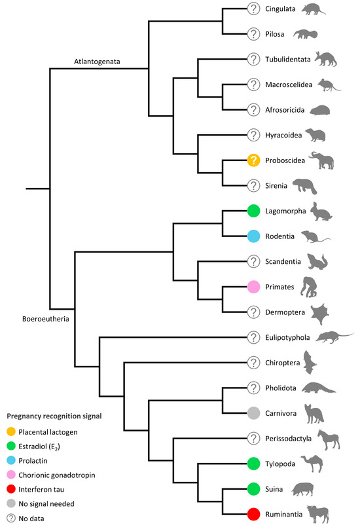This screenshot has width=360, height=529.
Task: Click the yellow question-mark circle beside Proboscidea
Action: pyautogui.click(x=254, y=160)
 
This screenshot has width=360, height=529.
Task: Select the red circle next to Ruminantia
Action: pyautogui.click(x=254, y=513)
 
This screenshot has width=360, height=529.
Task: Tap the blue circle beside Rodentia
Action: pyautogui.click(x=254, y=236)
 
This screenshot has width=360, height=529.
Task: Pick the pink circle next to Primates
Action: pyautogui.click(x=254, y=286)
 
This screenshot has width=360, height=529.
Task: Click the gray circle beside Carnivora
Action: pyautogui.click(x=254, y=412)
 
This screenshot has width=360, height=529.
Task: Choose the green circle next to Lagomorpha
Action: pyautogui.click(x=254, y=210)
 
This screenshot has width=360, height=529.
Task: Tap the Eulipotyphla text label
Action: pyautogui.click(x=287, y=337)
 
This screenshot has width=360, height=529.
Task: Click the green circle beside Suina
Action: pyautogui.click(x=254, y=488)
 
